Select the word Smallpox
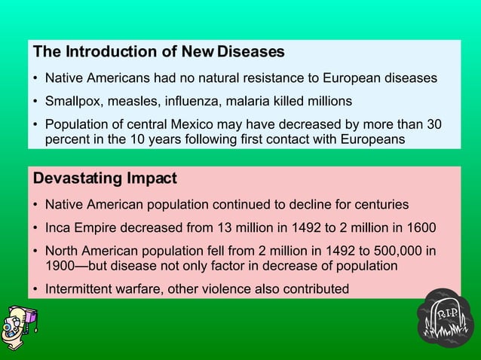(73, 101)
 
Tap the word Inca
(58, 227)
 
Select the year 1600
(421, 227)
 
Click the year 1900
(60, 265)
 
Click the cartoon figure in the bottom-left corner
(20, 325)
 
